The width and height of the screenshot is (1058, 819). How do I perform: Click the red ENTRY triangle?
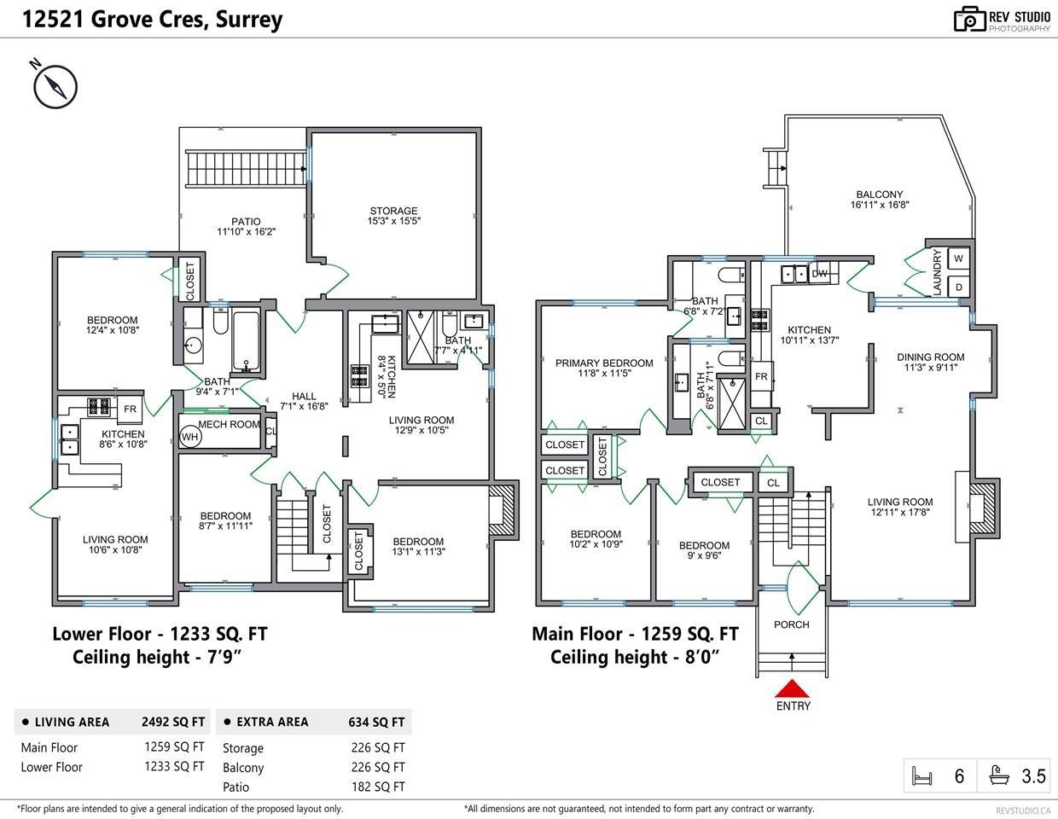(x=792, y=688)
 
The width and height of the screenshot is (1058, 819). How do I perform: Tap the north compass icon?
(x=55, y=86)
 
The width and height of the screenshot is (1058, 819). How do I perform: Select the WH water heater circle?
(x=189, y=437)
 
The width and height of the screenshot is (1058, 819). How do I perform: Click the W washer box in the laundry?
(x=958, y=258)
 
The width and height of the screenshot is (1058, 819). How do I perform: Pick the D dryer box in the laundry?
(x=958, y=288)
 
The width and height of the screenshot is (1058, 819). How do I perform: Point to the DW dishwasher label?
(x=819, y=274)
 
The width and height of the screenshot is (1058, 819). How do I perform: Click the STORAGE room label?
(x=393, y=211)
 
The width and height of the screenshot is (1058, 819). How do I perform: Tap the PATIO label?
(x=246, y=222)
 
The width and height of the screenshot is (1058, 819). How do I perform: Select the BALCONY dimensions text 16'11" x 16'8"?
(x=880, y=205)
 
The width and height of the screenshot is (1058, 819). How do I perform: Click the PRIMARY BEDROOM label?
(x=604, y=363)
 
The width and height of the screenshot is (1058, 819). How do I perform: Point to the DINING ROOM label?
(x=930, y=357)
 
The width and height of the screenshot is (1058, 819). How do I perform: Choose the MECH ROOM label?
(x=229, y=424)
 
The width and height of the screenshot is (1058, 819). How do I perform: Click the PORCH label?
(x=791, y=624)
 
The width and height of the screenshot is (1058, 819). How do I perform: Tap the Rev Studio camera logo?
(x=969, y=20)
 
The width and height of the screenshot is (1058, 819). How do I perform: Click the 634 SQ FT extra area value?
(x=376, y=722)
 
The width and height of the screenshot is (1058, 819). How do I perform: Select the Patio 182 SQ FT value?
(x=378, y=787)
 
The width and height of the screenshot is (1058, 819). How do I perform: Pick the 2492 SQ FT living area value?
(x=173, y=722)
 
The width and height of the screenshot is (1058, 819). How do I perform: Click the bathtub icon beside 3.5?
(x=999, y=775)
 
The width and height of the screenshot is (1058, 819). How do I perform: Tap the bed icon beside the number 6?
(x=921, y=776)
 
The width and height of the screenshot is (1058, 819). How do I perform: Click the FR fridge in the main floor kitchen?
(x=761, y=376)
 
